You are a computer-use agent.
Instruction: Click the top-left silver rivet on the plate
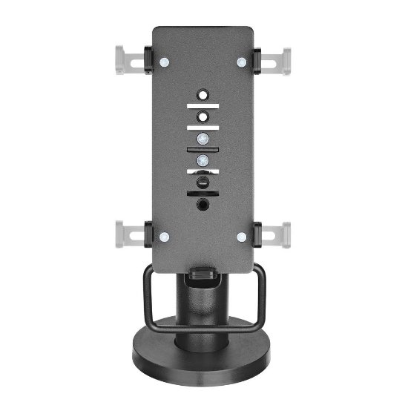pos(165,62)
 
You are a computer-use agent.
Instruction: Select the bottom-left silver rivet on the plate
pos(165,237)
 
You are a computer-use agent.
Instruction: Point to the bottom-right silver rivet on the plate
pos(242,237)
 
